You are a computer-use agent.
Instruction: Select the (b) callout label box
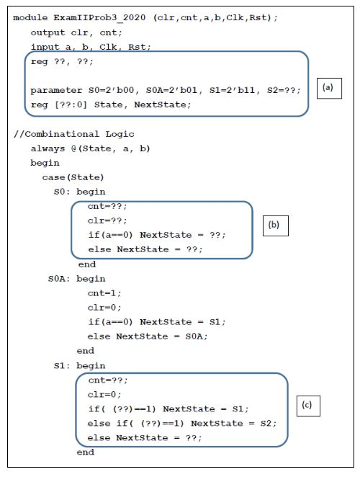click(x=274, y=224)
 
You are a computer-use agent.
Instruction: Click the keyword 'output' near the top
click(x=48, y=32)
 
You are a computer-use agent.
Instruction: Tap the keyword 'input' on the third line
click(x=45, y=46)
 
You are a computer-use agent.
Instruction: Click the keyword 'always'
click(x=48, y=148)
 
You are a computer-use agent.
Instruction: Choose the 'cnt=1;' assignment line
click(x=104, y=293)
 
